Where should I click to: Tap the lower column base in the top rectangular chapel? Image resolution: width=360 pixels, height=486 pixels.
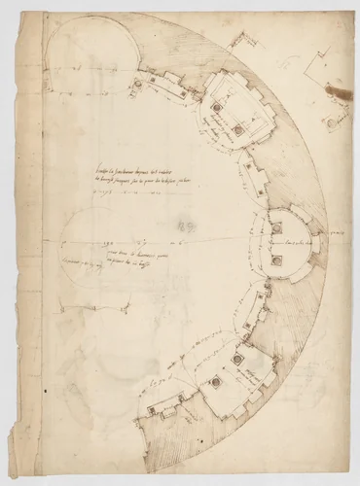tap(236, 130)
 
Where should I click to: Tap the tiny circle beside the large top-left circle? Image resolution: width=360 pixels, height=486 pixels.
tap(137, 84)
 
